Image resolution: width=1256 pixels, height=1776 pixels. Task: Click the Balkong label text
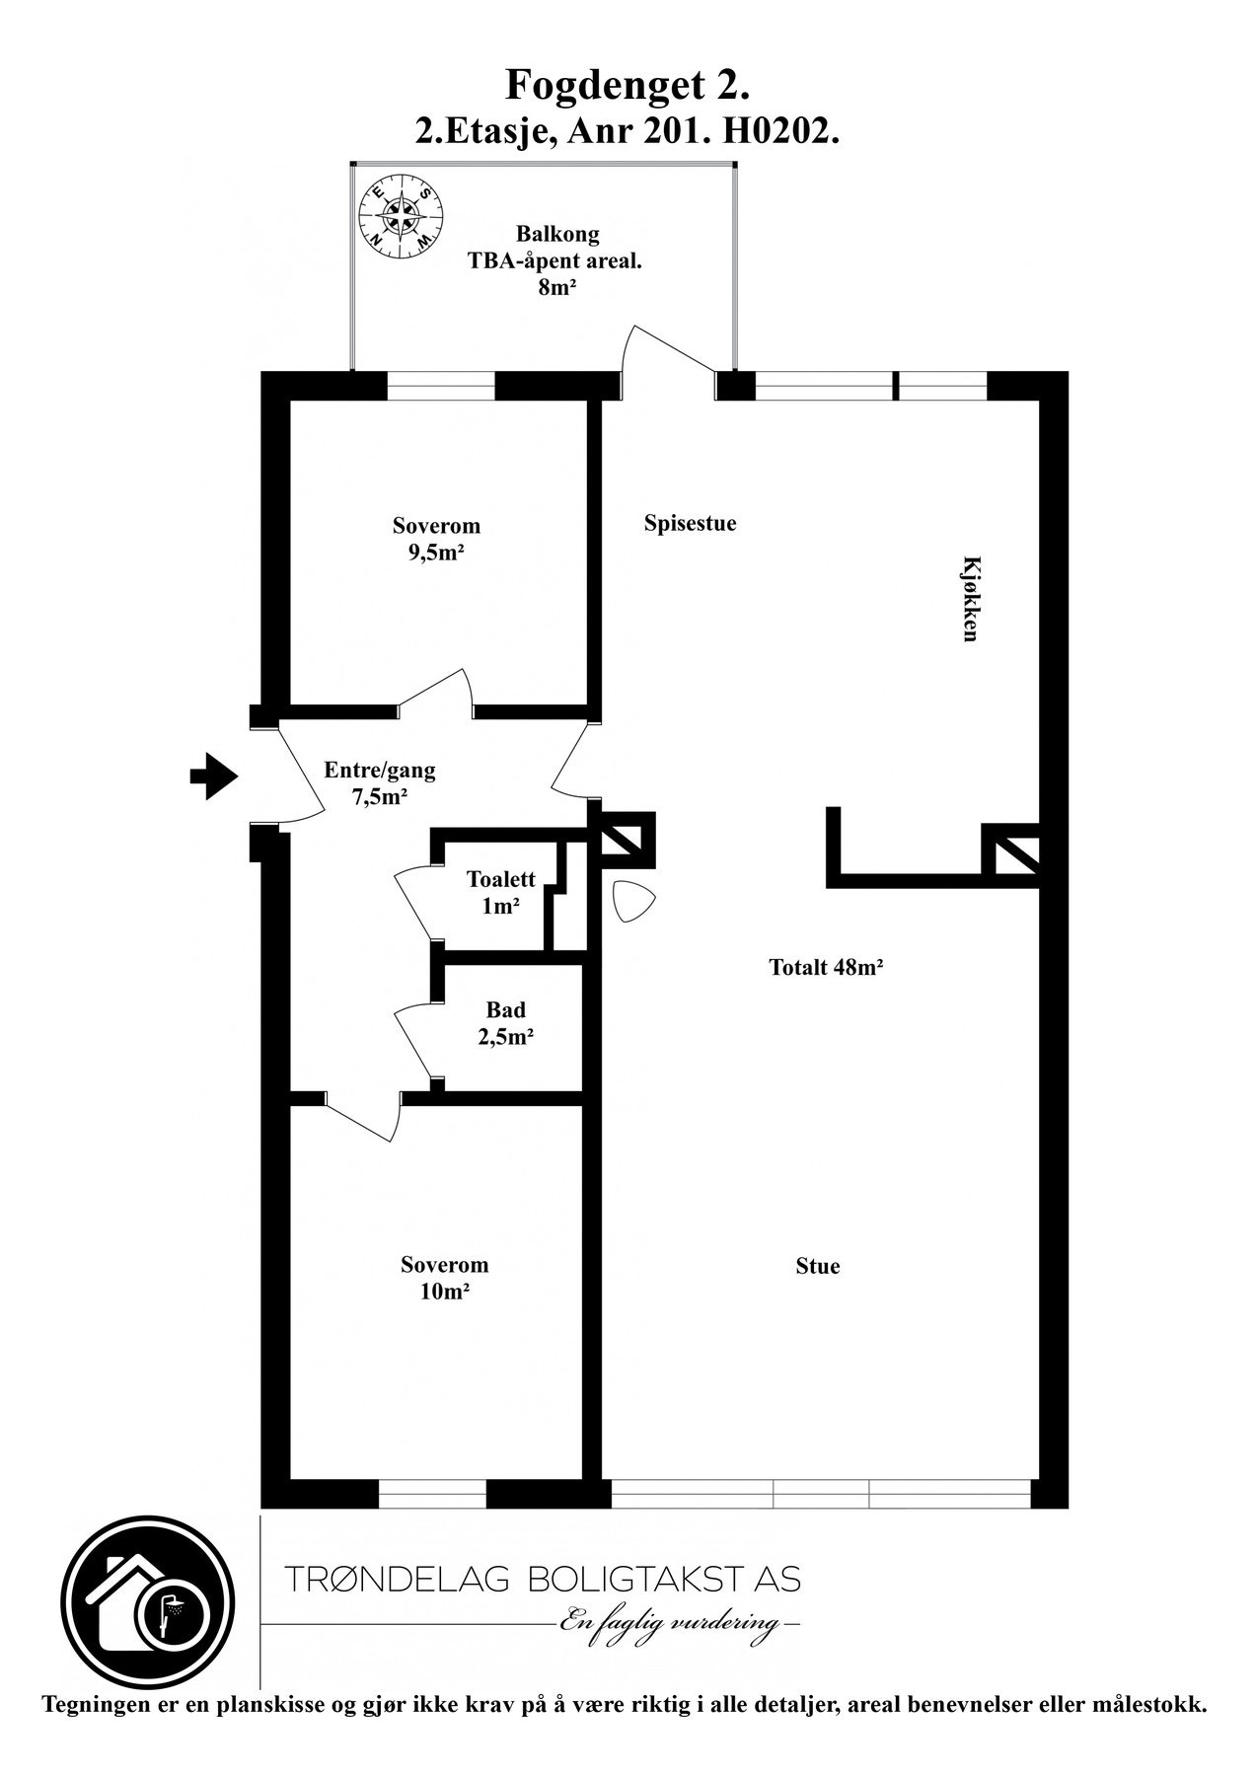[557, 235]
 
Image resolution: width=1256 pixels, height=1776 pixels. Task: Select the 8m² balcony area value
[557, 288]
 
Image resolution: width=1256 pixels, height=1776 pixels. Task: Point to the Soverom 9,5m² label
[436, 539]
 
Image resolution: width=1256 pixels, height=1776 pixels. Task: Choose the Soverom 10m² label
[444, 1277]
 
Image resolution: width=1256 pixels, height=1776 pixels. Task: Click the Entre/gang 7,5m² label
[380, 783]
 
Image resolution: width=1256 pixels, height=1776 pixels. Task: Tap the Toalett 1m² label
[501, 892]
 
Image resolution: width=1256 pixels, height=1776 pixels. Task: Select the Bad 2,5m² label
[506, 1023]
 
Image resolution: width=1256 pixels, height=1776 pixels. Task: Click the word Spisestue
[690, 523]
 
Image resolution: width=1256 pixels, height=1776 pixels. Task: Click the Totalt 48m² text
[826, 968]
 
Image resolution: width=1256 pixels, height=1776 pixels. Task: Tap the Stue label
[817, 1266]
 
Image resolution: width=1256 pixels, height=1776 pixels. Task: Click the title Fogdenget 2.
[628, 86]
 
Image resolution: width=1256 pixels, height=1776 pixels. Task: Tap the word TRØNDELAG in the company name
[396, 1580]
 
